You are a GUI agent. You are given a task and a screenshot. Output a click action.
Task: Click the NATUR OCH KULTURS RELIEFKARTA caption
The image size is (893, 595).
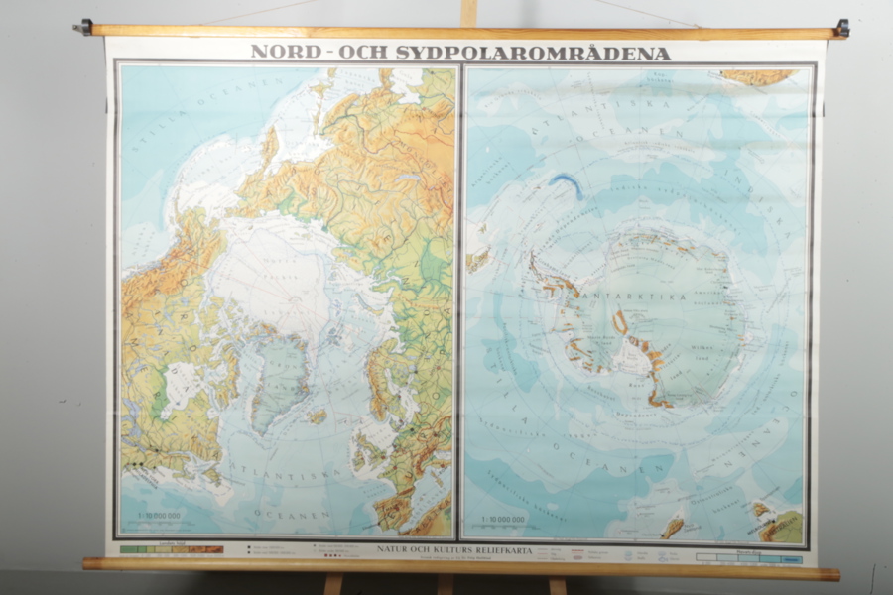[x=454, y=549]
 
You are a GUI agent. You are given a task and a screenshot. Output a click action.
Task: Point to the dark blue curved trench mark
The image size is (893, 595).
[x=568, y=183]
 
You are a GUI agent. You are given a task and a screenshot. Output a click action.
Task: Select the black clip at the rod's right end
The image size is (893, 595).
[x=841, y=28]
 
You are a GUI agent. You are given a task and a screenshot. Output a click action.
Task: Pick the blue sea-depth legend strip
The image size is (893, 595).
[x=749, y=558]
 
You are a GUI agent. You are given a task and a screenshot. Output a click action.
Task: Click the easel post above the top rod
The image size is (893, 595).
[x=468, y=12]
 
